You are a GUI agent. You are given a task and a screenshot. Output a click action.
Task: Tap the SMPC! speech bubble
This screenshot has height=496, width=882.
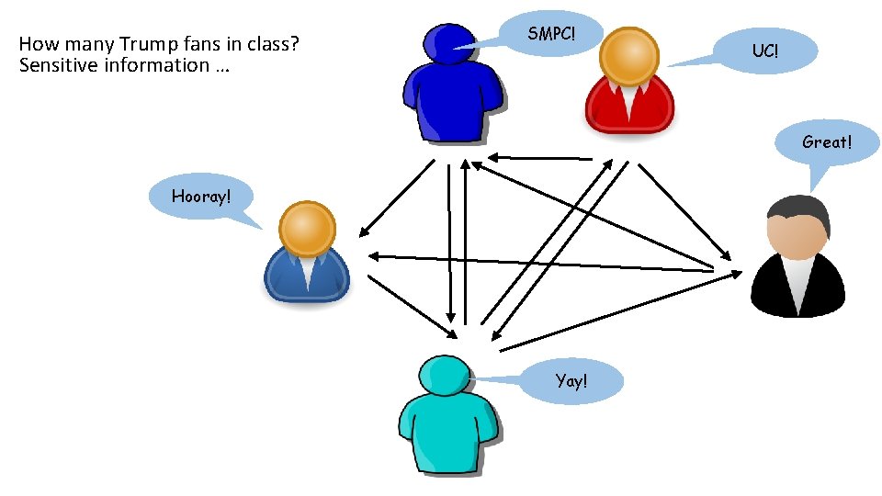[x=553, y=34]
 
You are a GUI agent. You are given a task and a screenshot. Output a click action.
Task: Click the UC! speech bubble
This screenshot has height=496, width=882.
[x=764, y=51]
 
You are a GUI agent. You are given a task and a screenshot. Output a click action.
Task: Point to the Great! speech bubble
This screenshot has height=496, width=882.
[x=827, y=142]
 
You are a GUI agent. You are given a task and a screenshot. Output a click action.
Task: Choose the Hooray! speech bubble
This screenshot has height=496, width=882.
[x=200, y=196]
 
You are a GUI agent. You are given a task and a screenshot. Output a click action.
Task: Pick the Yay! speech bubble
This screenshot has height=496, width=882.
[x=571, y=381]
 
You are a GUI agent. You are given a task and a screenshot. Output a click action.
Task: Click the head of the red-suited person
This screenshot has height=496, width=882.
[x=628, y=58]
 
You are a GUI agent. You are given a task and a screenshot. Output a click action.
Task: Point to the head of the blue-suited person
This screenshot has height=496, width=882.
[x=307, y=230]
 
